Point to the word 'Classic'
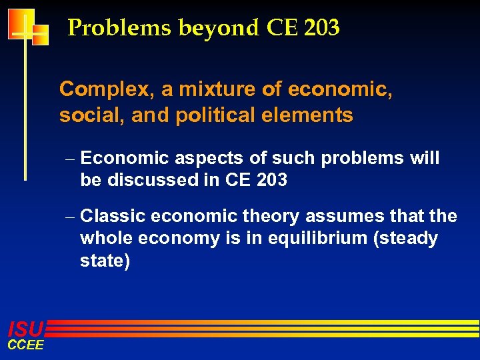[x=113, y=216]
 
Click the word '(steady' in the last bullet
[x=407, y=238]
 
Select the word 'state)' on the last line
[x=105, y=261]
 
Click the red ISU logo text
[x=25, y=328]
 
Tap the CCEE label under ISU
[x=25, y=345]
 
